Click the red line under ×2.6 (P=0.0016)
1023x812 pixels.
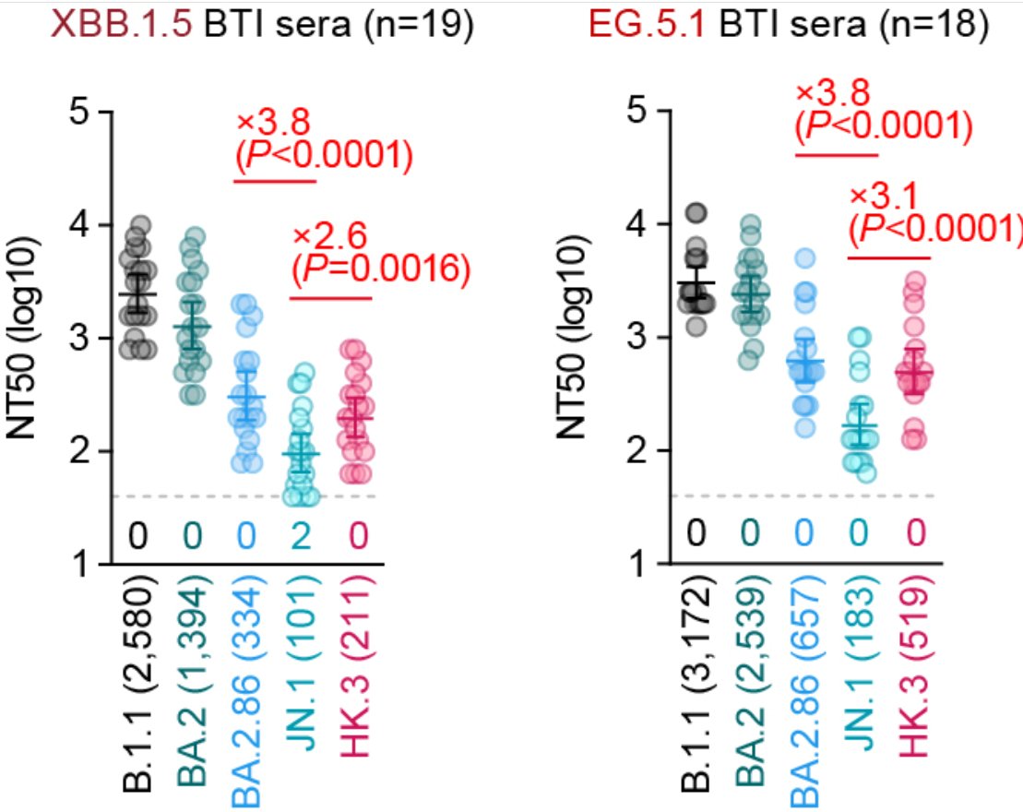click(x=331, y=298)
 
